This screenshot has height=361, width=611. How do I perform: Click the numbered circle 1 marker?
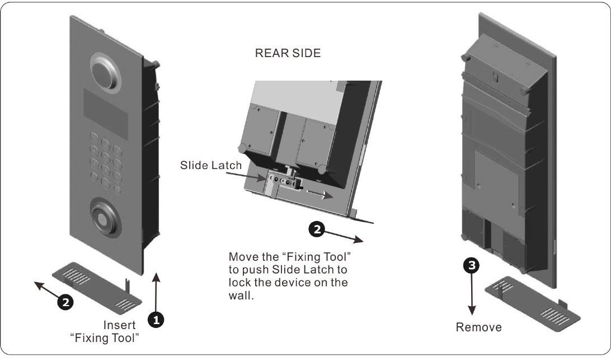pos(155,319)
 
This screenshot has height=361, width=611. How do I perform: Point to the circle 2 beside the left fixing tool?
pos(65,302)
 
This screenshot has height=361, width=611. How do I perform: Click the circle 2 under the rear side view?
pos(317,228)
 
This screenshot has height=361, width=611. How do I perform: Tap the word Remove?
pos(478,327)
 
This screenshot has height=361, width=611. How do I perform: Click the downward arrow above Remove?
pos(473,297)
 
